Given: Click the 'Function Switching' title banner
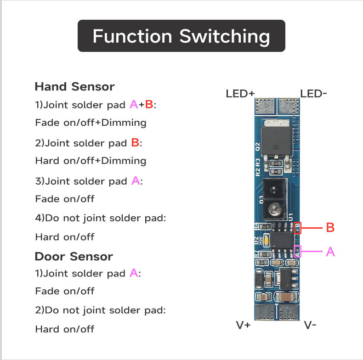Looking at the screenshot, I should coord(181,36).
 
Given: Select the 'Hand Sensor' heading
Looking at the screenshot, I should coord(74,86).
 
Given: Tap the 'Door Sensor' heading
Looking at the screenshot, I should coord(74,256).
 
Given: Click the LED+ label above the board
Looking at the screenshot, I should coord(240,94).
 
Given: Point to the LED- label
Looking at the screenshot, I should coord(314,94).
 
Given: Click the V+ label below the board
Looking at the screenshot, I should coord(243,325).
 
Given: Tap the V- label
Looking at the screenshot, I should coord(310,325).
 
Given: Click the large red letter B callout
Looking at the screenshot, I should coord(330,227).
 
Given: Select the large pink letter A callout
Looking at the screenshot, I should coord(330,251).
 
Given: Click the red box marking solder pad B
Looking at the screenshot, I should coord(297,227).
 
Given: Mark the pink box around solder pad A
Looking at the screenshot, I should coord(297,251).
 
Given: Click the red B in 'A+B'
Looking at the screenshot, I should coord(149,105).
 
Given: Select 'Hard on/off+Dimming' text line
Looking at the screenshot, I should coord(91,161).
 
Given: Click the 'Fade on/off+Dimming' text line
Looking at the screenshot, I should coord(91,123).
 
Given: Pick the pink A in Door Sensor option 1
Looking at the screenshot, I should coord(134,273).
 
